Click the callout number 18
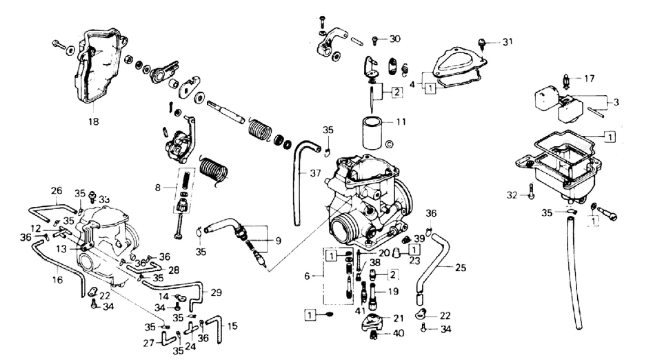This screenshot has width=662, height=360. pos(93,121)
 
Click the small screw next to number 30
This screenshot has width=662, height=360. pos(375,39)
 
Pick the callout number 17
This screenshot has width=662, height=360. pos(589,78)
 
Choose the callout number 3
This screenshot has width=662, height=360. pos(616,101)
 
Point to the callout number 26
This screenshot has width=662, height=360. pos(57,191)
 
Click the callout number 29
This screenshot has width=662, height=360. pos(217,292)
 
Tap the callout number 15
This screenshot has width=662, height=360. pos(232,325)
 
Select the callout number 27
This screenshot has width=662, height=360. pos(148,343)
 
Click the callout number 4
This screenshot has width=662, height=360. pos(412,84)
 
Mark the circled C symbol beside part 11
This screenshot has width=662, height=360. pos(389,144)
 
